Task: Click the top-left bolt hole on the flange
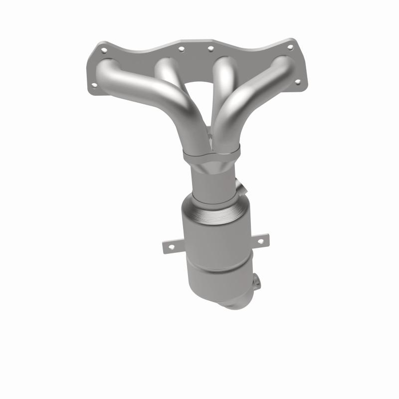click(x=103, y=50)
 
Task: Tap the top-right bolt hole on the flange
click(x=290, y=47)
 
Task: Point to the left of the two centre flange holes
click(x=182, y=49)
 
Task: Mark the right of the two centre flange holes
click(x=210, y=48)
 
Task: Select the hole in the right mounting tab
click(x=260, y=241)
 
